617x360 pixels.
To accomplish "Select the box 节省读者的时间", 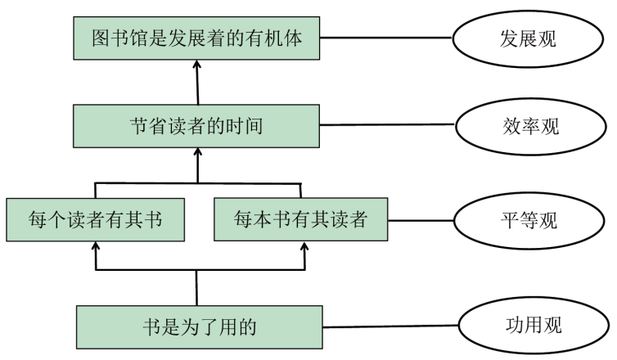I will [196, 125].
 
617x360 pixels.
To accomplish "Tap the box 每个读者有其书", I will [94, 220].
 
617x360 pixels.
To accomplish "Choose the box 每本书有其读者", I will [299, 220].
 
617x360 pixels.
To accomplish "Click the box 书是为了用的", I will [197, 327].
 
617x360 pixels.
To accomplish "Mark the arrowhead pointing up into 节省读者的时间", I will [197, 152].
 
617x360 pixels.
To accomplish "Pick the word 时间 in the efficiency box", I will [245, 126].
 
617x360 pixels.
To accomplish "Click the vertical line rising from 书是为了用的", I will [197, 286].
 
